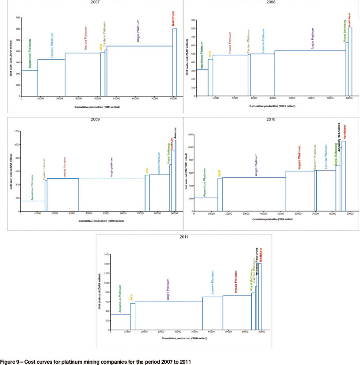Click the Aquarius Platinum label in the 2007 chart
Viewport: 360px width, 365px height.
pos(29,52)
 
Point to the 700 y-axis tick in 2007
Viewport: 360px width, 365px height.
pos(19,18)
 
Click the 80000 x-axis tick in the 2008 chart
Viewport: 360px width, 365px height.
pos(349,98)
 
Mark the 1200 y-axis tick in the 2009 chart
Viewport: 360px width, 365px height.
pos(17,131)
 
